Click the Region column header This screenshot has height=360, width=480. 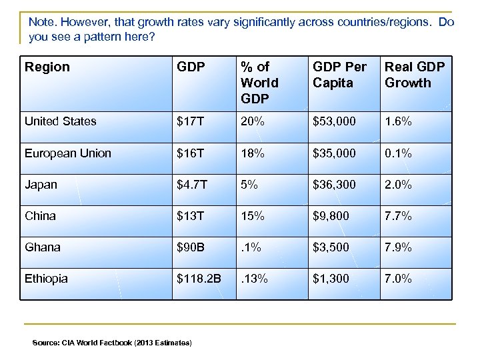tap(47, 67)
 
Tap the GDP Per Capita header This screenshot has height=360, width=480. tap(340, 75)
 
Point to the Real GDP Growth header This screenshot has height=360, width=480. tap(414, 75)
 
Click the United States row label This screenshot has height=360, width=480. tap(60, 121)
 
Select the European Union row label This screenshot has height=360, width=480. tap(67, 153)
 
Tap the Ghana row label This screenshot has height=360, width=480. tap(42, 247)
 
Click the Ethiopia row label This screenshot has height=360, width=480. tap(46, 279)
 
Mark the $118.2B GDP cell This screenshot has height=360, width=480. tap(199, 279)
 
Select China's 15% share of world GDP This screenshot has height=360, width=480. tap(253, 216)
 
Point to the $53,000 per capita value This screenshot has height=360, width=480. tap(335, 121)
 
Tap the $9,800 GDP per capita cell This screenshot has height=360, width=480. tap(332, 216)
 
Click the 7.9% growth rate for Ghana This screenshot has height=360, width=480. tap(398, 247)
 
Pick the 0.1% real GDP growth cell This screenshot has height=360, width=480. tap(398, 153)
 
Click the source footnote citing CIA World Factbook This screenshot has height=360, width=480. tap(112, 343)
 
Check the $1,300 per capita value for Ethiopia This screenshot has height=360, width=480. tap(332, 279)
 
